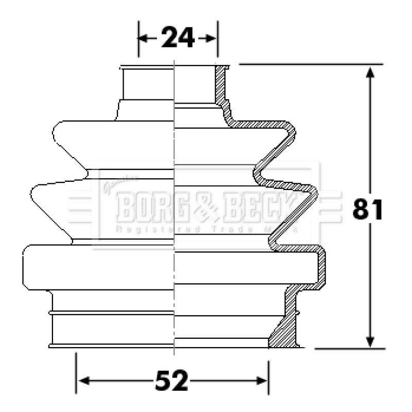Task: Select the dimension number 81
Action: [x=368, y=210]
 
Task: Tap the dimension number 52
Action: [x=172, y=381]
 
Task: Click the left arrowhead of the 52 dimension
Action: [x=83, y=381]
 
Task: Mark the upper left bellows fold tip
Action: [x=55, y=133]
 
